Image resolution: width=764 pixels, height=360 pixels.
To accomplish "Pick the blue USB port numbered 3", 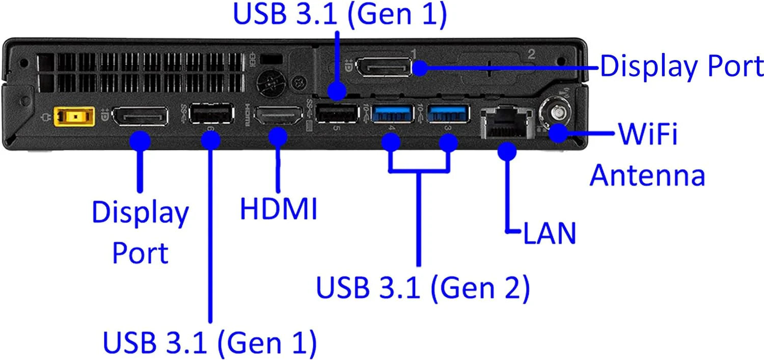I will pyautogui.click(x=448, y=113).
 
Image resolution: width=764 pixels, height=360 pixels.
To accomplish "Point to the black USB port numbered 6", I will pyautogui.click(x=211, y=114).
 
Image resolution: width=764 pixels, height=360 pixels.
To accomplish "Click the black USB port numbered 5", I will pyautogui.click(x=336, y=113).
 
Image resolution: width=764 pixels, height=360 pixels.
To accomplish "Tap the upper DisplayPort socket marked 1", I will pyautogui.click(x=383, y=67).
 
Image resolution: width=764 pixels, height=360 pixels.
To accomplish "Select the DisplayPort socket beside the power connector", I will pyautogui.click(x=140, y=117).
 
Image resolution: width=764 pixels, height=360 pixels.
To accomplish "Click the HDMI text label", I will pyautogui.click(x=279, y=209).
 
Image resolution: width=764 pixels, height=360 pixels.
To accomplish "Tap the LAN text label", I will pyautogui.click(x=550, y=234).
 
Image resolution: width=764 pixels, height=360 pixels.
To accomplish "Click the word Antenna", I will pyautogui.click(x=647, y=175).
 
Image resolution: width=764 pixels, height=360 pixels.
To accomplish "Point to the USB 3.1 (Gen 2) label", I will pyautogui.click(x=423, y=288).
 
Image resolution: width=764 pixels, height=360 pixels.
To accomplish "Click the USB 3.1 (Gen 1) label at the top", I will pyautogui.click(x=340, y=14).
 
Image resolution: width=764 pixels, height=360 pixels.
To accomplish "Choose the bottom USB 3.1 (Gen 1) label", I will pyautogui.click(x=210, y=342).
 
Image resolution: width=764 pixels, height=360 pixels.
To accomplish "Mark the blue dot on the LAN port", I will pyautogui.click(x=508, y=150).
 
